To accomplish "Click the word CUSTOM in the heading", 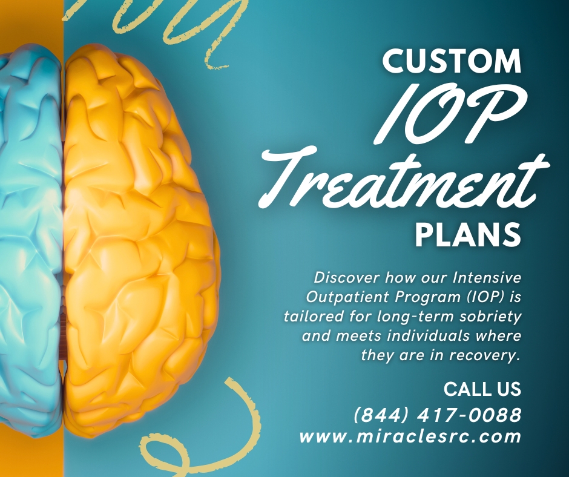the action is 452,61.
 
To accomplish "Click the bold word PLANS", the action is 468,234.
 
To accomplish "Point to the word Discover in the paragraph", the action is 347,278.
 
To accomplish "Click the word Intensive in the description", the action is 487,278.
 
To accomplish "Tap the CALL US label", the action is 482,389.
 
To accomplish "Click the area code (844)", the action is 381,415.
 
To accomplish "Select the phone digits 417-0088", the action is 469,415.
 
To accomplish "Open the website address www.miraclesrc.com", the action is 410,436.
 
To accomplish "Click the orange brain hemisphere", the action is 142,240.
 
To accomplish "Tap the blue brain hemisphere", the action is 31,236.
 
